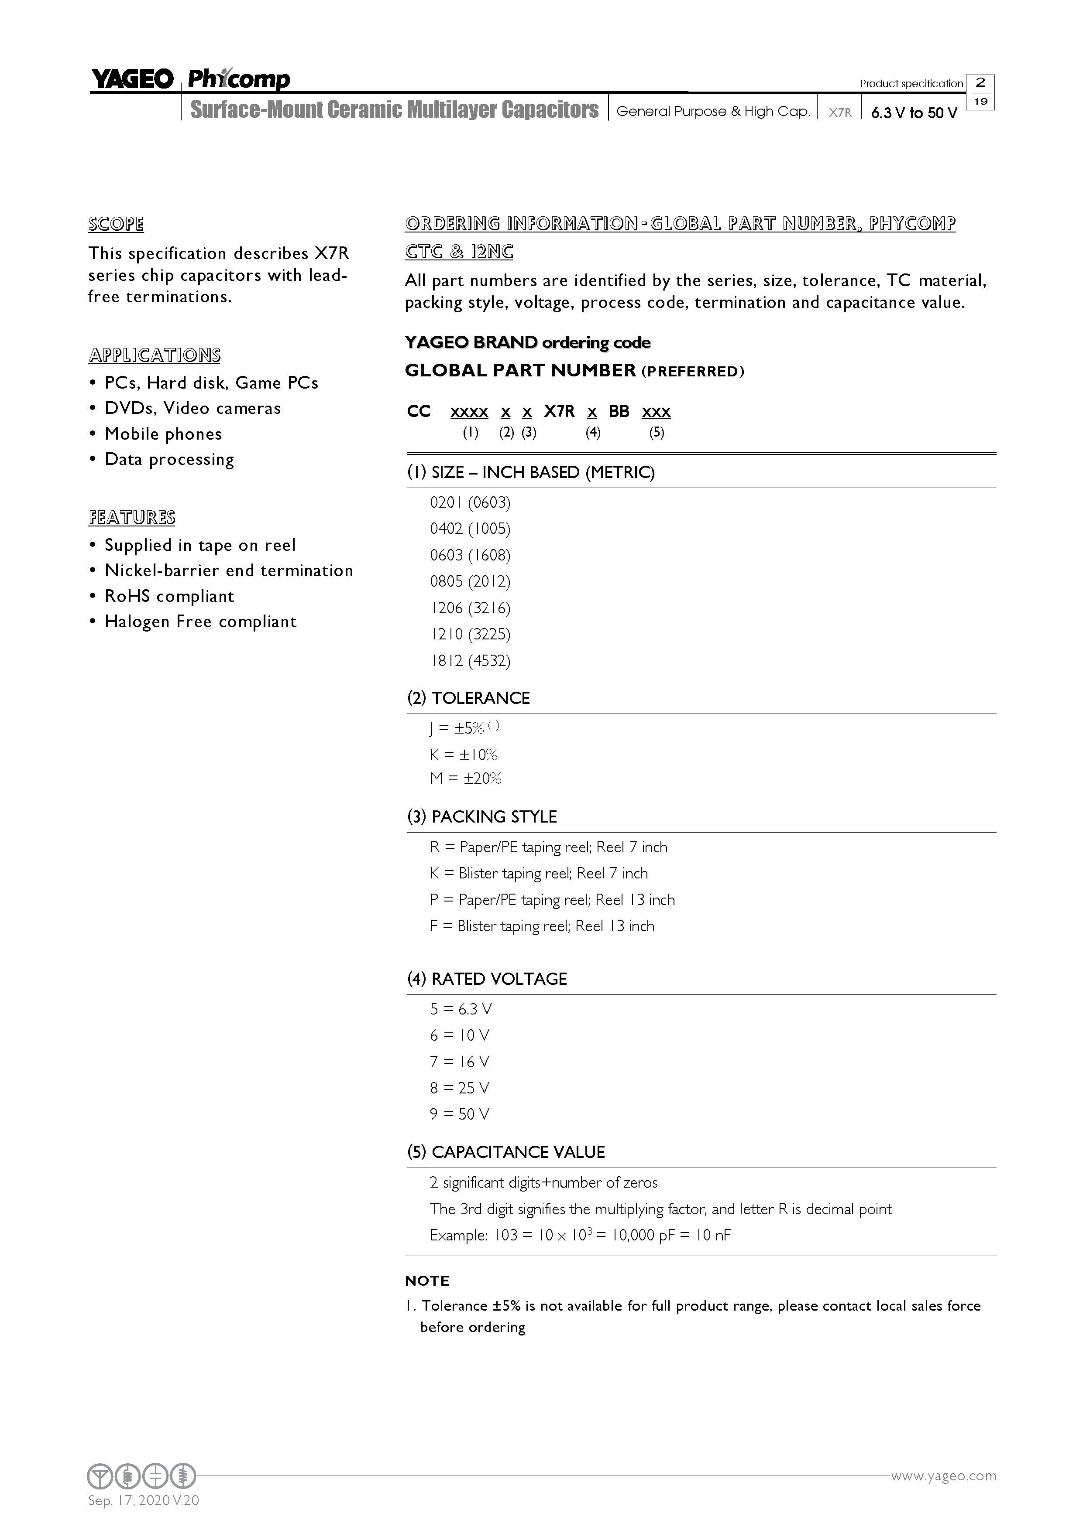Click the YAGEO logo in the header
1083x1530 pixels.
point(132,79)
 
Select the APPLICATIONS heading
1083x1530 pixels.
point(154,355)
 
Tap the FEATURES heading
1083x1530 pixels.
point(132,518)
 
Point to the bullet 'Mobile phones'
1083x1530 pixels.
point(163,434)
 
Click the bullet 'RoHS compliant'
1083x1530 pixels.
point(169,596)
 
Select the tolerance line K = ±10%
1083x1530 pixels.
point(464,755)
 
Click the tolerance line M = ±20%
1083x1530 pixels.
point(465,779)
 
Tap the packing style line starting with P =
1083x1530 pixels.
point(552,900)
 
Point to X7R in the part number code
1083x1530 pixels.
point(559,412)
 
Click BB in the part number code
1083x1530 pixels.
point(619,412)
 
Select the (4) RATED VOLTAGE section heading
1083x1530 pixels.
point(487,979)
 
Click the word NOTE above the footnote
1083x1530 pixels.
point(427,1281)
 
